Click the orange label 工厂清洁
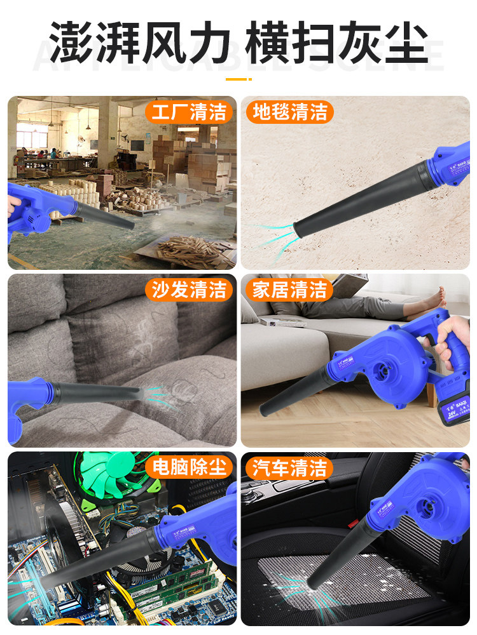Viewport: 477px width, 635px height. [x=188, y=112]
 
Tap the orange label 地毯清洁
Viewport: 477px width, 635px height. [x=289, y=112]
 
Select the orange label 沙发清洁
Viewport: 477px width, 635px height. [x=188, y=290]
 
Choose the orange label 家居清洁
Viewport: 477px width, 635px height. [x=289, y=290]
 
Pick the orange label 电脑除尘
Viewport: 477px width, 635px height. [x=188, y=468]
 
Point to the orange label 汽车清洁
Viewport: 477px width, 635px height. [x=289, y=468]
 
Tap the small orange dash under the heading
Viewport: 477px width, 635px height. [x=238, y=79]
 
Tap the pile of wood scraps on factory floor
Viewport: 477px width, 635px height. [x=191, y=251]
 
